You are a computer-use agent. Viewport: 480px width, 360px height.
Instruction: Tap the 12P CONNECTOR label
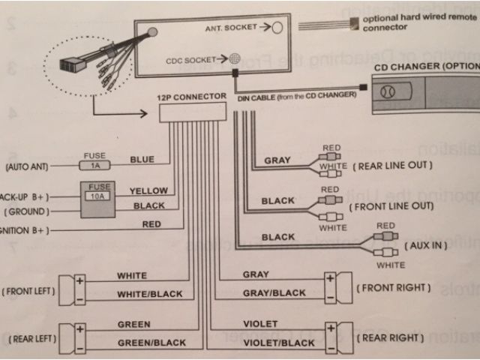[x=192, y=97]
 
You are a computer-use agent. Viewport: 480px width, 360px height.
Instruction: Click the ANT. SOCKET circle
[x=277, y=27]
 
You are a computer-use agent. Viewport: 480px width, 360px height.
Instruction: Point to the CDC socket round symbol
[x=235, y=58]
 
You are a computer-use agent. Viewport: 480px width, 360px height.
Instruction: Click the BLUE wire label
[x=142, y=160]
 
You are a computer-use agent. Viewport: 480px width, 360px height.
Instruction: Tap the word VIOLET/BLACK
[x=279, y=343]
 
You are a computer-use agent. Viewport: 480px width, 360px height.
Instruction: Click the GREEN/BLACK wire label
[x=151, y=343]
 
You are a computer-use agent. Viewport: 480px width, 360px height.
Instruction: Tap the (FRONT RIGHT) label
[x=394, y=288]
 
